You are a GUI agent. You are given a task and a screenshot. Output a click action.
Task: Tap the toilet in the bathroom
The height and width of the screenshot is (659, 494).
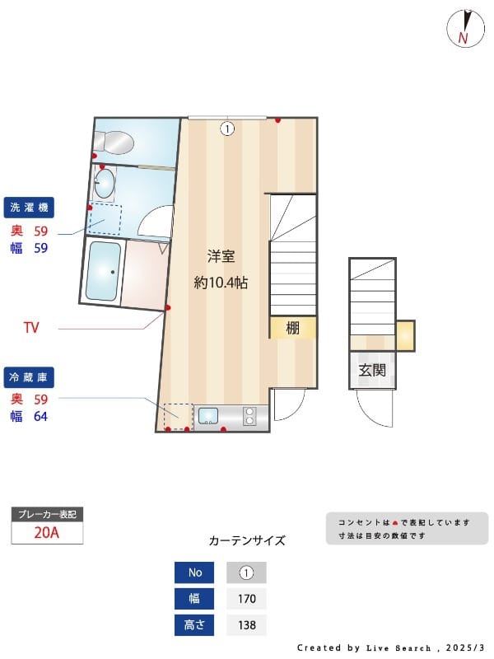click(115, 142)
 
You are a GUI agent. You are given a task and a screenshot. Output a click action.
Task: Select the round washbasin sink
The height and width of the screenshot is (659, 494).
click(105, 184)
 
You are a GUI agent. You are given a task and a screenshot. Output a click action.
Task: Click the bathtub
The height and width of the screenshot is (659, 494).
click(104, 271)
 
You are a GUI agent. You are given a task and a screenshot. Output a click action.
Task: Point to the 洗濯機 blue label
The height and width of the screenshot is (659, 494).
click(30, 208)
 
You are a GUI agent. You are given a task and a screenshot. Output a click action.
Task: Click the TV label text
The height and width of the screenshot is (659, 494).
click(31, 328)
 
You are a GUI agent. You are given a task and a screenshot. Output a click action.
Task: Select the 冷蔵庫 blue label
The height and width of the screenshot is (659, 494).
click(30, 376)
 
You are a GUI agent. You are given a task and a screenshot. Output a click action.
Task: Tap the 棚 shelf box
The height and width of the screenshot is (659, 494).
click(293, 328)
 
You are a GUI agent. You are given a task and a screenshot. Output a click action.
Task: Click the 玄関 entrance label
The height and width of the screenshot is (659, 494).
click(372, 370)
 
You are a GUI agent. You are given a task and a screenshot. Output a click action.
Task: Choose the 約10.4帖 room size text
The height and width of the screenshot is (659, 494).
click(221, 283)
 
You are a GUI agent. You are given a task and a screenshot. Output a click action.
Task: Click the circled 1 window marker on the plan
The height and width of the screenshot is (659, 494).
click(227, 129)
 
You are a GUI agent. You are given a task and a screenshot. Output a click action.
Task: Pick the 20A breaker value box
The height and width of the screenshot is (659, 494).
click(47, 532)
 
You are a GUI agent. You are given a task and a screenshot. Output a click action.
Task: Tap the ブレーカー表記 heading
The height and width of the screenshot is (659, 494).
click(47, 514)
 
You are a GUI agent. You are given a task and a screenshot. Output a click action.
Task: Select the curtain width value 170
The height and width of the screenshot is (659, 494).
click(246, 599)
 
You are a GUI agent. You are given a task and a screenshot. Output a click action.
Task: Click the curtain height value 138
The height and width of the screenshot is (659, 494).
click(246, 625)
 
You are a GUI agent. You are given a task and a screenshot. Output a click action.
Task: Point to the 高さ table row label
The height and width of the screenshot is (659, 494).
click(194, 625)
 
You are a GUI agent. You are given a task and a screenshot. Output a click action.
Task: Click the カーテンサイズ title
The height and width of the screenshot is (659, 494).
click(247, 541)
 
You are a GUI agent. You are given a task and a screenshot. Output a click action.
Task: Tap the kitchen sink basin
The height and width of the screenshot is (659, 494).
click(207, 416)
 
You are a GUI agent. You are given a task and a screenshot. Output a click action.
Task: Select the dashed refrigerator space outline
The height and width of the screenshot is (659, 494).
click(177, 416)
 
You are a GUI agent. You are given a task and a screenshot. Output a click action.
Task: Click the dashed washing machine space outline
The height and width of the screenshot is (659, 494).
click(105, 219)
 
